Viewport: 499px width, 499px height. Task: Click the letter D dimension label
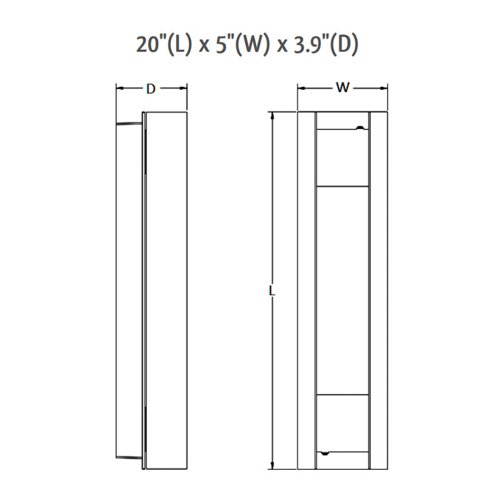pyautogui.click(x=150, y=89)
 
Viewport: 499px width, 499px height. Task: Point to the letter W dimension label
pyautogui.click(x=342, y=89)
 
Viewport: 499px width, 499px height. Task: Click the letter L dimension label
pyautogui.click(x=272, y=291)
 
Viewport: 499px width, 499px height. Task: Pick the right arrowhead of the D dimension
pyautogui.click(x=184, y=89)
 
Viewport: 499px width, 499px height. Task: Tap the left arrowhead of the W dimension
pyautogui.click(x=301, y=89)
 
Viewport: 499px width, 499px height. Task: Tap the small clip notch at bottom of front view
pyautogui.click(x=325, y=453)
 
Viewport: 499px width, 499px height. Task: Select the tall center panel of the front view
pyautogui.click(x=342, y=290)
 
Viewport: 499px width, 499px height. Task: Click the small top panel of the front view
pyautogui.click(x=342, y=158)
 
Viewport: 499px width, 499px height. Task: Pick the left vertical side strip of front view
pyautogui.click(x=307, y=291)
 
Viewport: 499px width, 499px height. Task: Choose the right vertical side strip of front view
pyautogui.click(x=379, y=291)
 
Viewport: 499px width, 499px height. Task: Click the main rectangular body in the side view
pyautogui.click(x=167, y=291)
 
